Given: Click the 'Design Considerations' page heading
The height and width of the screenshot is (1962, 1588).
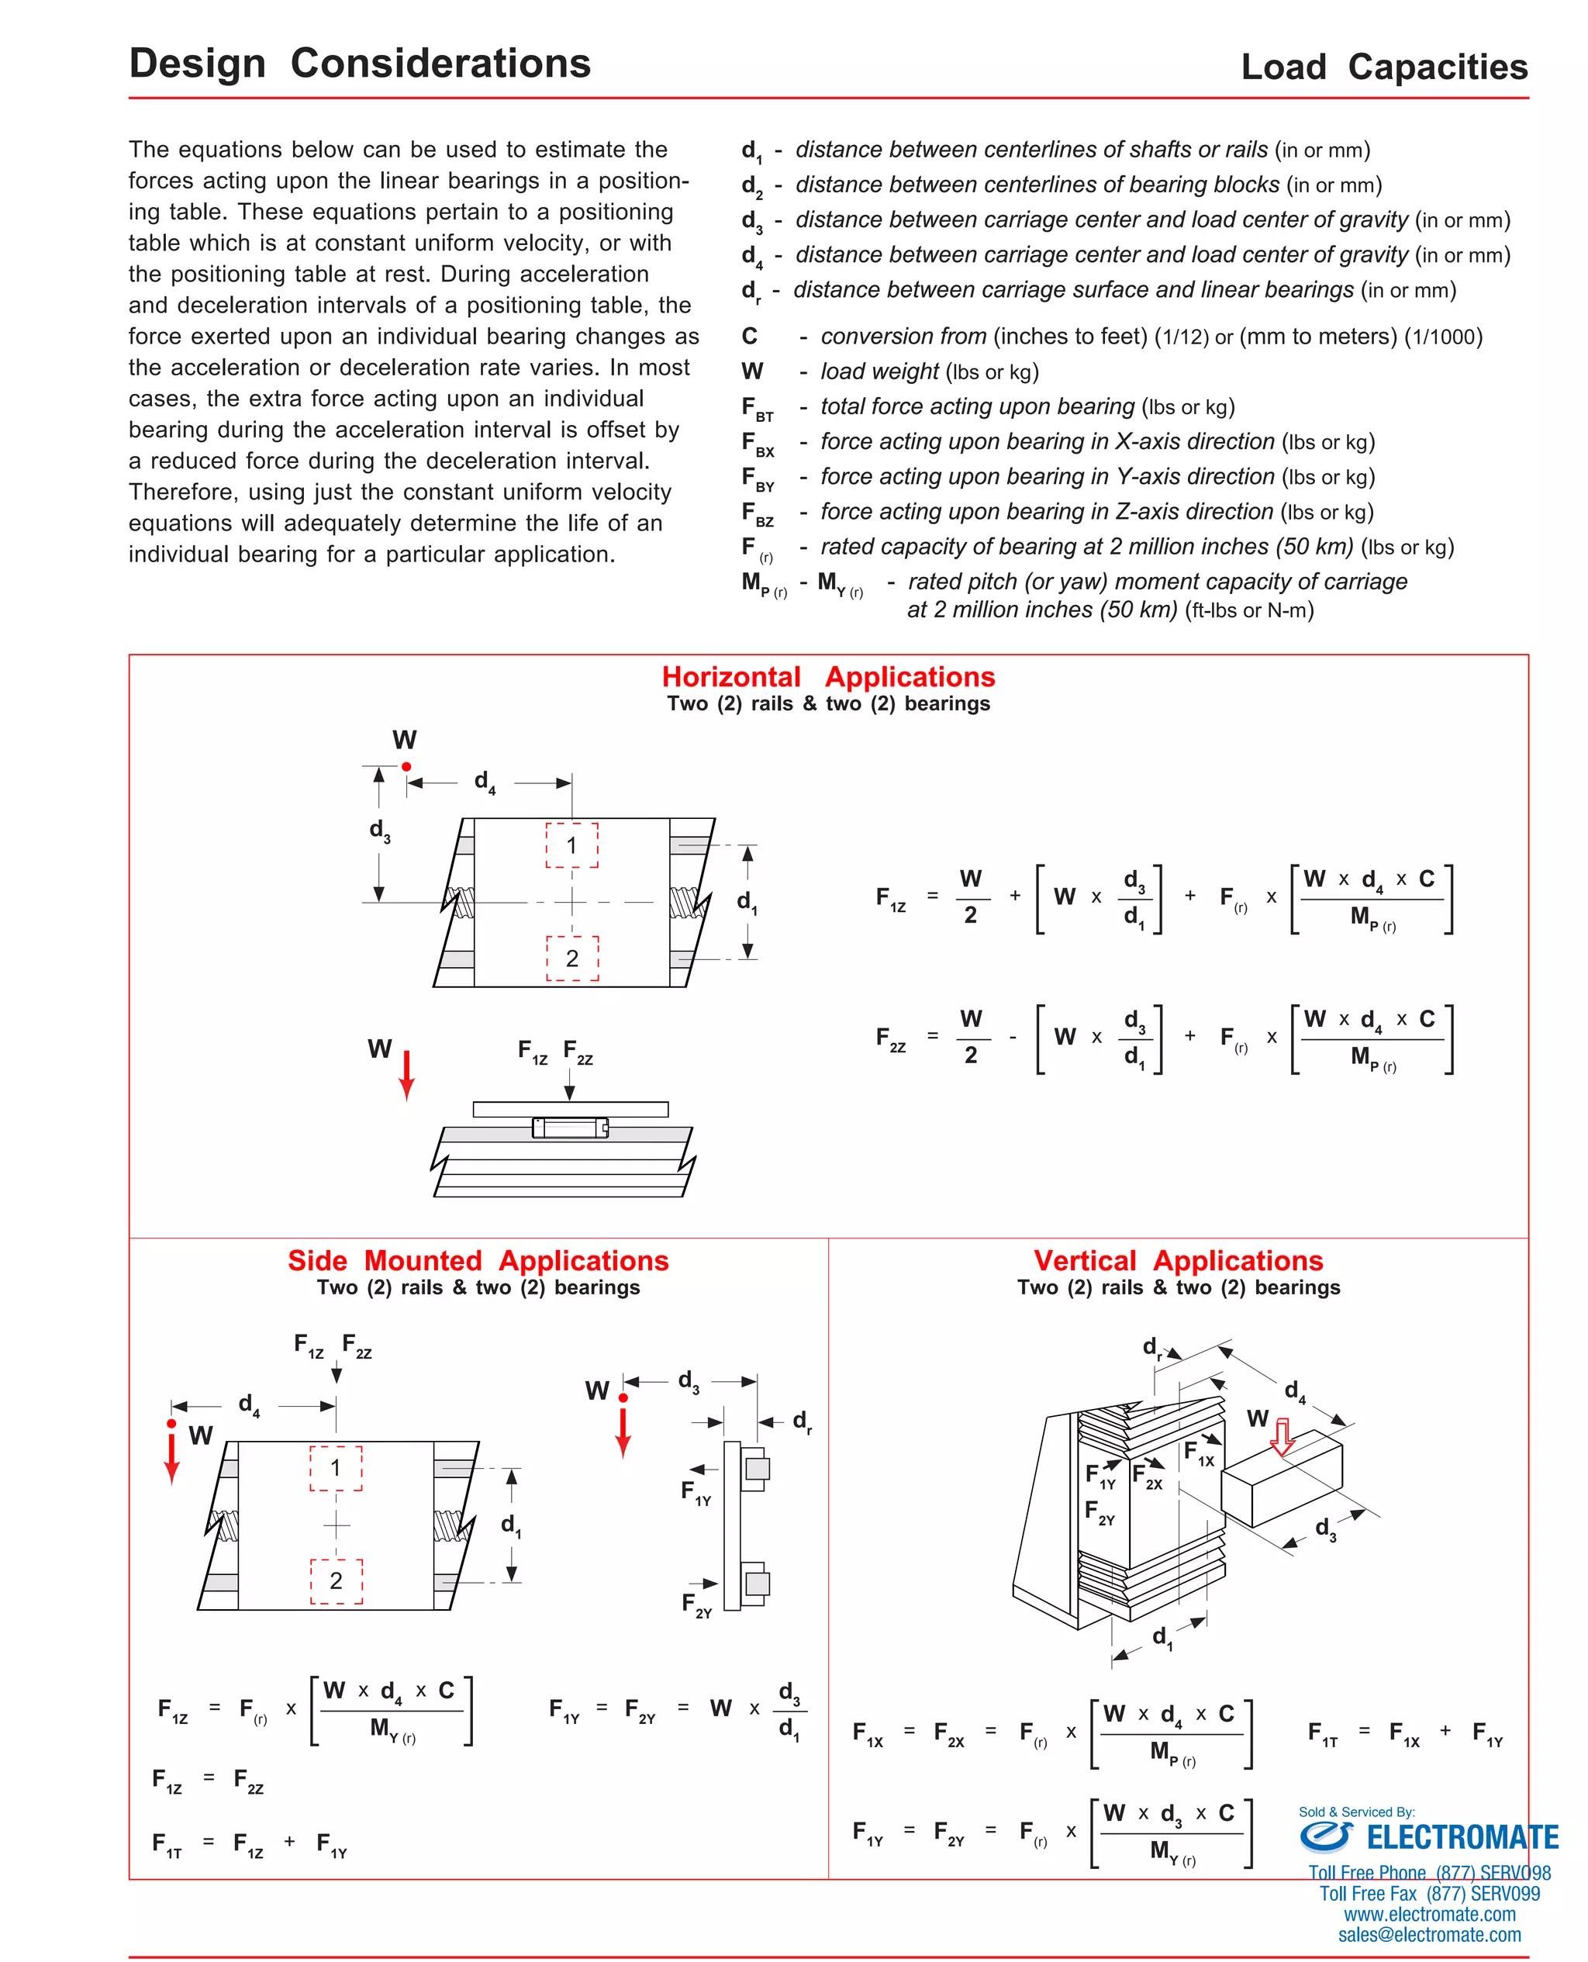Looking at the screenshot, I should [x=360, y=63].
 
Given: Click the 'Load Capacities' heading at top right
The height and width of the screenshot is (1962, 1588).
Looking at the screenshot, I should [x=1383, y=67].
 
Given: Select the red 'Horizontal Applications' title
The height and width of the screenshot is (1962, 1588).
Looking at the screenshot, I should [x=828, y=676].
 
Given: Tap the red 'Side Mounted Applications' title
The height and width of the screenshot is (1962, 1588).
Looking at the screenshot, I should [x=478, y=1259].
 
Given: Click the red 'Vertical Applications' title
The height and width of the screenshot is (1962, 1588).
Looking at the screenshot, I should [x=1178, y=1259].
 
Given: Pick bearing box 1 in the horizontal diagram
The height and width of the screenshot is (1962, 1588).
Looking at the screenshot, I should [x=571, y=845].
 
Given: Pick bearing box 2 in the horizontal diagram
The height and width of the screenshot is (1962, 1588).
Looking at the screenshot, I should [x=571, y=958].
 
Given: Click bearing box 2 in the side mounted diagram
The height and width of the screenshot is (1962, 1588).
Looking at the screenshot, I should [x=336, y=1580].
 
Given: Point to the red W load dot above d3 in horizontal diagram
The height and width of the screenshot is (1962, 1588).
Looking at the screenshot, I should [x=406, y=766].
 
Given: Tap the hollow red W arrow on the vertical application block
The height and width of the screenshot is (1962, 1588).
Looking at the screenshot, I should [x=1282, y=1437].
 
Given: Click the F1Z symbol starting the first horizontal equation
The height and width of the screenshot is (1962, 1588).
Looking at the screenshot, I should [x=890, y=897].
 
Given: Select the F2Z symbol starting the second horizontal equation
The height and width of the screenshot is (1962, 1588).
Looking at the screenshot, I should [x=890, y=1038].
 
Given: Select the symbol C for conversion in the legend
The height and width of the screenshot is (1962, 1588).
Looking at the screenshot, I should [x=749, y=336].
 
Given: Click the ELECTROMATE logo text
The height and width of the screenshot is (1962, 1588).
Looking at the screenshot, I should [x=1461, y=1836].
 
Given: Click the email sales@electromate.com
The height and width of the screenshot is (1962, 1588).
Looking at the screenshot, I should [x=1429, y=1935].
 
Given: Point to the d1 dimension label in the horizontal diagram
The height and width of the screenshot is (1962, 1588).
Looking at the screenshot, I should [x=747, y=902].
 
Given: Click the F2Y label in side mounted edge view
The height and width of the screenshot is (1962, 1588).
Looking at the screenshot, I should [x=696, y=1604].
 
